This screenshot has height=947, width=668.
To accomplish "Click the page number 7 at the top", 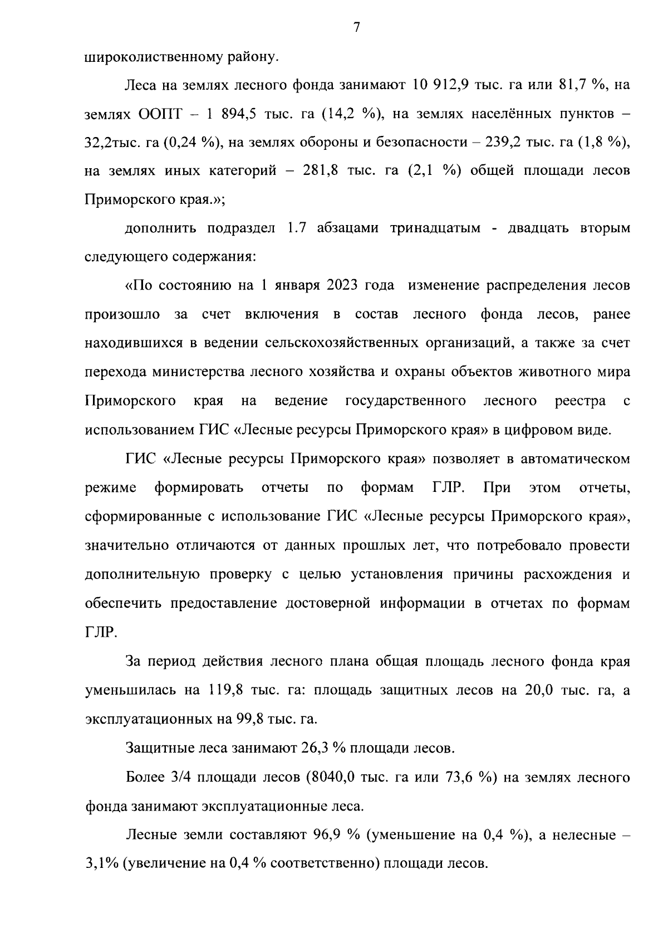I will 357,27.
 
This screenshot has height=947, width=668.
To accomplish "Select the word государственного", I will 406,401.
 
